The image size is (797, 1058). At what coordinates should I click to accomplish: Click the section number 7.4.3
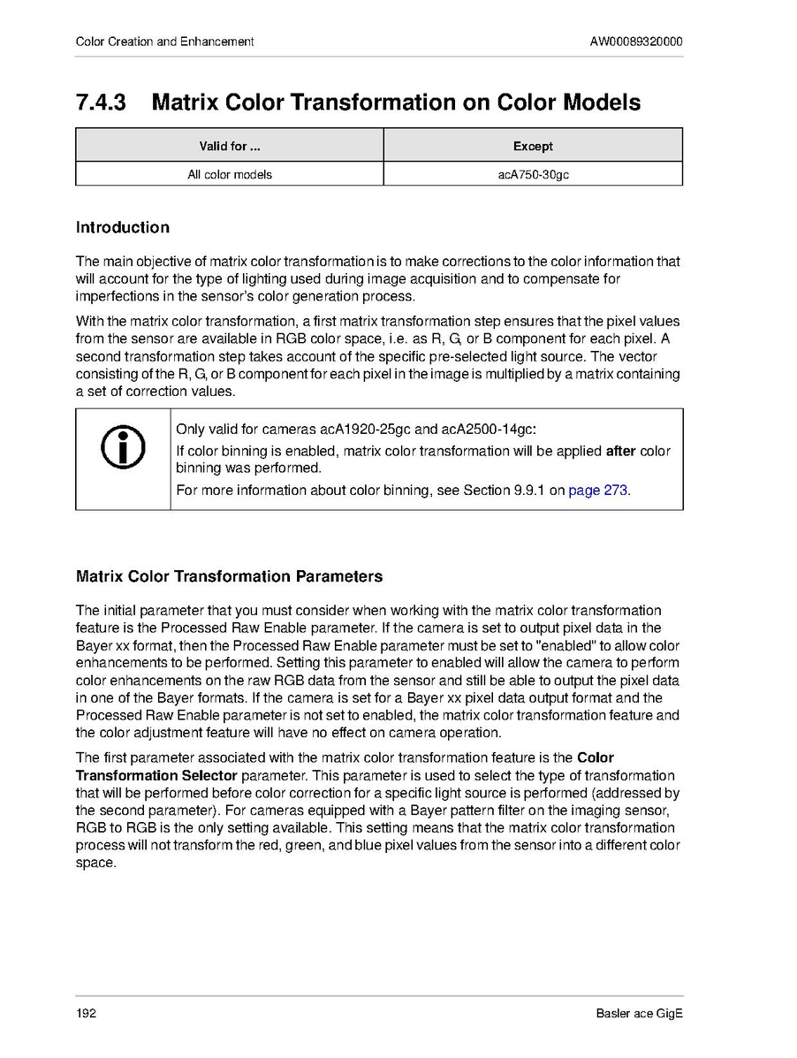pos(101,103)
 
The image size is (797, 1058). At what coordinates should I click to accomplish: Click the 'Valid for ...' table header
pos(229,146)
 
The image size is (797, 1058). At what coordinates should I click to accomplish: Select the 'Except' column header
pos(533,146)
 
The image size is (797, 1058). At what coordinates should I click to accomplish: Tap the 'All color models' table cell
pos(229,174)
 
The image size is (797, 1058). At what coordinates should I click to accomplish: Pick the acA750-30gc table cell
pos(533,174)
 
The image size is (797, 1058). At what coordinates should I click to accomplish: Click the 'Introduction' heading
pos(123,227)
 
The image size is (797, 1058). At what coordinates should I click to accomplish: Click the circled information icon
pos(123,449)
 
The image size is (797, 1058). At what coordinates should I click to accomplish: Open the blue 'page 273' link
pos(598,490)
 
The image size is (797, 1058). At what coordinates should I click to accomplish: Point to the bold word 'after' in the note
pos(620,451)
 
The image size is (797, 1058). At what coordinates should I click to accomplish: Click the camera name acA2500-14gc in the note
pos(490,430)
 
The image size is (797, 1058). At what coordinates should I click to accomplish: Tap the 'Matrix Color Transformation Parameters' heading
pos(230,576)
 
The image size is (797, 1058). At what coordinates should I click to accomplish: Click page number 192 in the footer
pos(86,1013)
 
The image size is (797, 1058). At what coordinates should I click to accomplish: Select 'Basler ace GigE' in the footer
pos(639,1013)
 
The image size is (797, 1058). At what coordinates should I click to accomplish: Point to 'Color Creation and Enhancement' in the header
pos(165,42)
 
